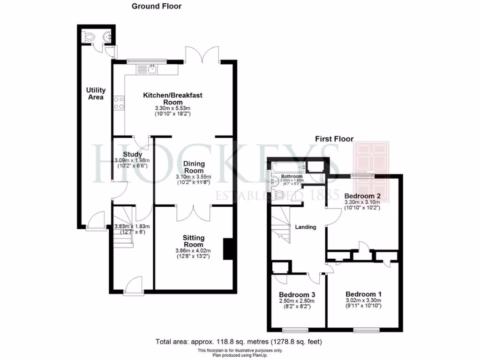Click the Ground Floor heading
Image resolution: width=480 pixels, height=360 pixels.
156,6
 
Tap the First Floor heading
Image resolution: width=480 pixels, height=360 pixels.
334,139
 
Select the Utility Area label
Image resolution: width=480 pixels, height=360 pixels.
95,94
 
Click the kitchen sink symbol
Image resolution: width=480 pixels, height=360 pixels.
152,70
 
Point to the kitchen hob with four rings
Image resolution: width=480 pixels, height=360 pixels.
119,103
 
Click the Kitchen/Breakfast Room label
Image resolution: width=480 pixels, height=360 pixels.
172,98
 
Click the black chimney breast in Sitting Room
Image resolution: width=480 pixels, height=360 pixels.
228,249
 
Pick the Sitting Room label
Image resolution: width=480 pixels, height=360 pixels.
193,241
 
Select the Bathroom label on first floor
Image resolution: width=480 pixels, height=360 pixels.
292,176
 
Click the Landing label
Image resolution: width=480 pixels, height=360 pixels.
305,227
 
